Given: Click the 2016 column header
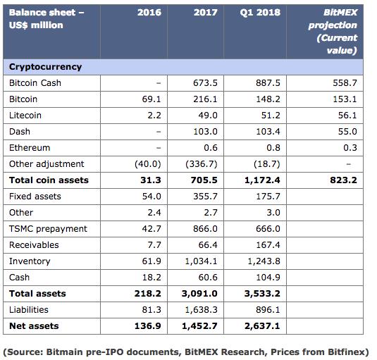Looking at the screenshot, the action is (149, 13).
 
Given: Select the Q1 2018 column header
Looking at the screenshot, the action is (260, 13).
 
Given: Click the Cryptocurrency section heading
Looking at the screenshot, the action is (45, 67).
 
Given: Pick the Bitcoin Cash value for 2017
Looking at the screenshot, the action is (205, 83).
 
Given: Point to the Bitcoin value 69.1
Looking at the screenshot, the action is (152, 99).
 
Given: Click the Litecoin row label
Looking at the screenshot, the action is (25, 116).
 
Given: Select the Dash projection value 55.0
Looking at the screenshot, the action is (347, 132).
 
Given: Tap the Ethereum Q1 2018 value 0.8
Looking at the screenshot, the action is (273, 147).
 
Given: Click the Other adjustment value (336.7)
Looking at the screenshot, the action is (202, 164).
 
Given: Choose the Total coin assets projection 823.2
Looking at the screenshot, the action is (343, 180).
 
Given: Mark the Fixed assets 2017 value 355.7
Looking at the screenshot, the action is (205, 197).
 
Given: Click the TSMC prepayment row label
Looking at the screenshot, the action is (48, 229).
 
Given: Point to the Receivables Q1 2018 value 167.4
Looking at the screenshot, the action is (268, 245).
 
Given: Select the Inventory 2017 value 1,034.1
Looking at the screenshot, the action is (201, 261).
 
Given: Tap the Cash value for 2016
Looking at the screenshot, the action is (152, 278).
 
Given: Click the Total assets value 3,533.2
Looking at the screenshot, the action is (262, 294).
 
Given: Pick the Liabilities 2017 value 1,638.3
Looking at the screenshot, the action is (201, 310).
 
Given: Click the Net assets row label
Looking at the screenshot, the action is (34, 326).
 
